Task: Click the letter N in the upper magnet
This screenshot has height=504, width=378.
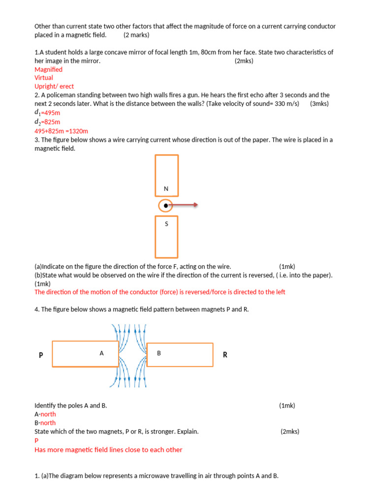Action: [x=166, y=189]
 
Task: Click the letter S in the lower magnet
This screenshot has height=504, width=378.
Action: [x=166, y=224]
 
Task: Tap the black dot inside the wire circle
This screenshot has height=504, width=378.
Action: [x=166, y=205]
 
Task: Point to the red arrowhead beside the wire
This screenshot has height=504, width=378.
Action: [x=195, y=205]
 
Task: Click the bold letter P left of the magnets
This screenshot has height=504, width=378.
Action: [x=41, y=355]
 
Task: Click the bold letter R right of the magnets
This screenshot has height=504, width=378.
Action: [x=225, y=355]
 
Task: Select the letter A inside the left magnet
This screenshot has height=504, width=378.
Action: [x=102, y=353]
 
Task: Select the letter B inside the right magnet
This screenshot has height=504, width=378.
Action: [x=159, y=353]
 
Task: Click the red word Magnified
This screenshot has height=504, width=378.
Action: [x=48, y=69]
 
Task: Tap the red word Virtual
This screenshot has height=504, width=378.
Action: [x=44, y=78]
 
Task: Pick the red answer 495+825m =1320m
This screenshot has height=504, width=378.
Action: [x=61, y=131]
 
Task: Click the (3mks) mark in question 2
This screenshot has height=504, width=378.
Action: [x=319, y=104]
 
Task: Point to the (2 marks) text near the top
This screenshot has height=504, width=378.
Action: [x=136, y=35]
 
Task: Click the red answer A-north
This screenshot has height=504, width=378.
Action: [x=45, y=414]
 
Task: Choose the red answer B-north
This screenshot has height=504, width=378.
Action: [x=45, y=423]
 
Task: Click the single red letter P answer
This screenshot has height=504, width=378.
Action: [x=36, y=441]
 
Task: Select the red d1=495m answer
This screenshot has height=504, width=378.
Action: [x=47, y=113]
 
